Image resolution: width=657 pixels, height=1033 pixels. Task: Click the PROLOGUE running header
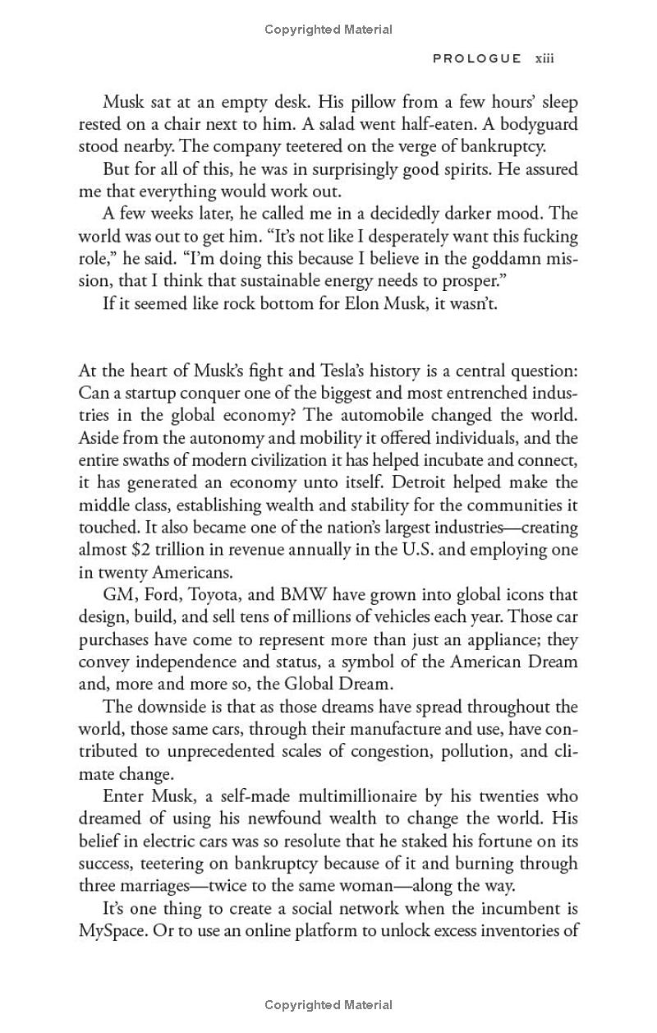476,58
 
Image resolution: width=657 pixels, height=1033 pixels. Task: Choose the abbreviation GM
117,594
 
